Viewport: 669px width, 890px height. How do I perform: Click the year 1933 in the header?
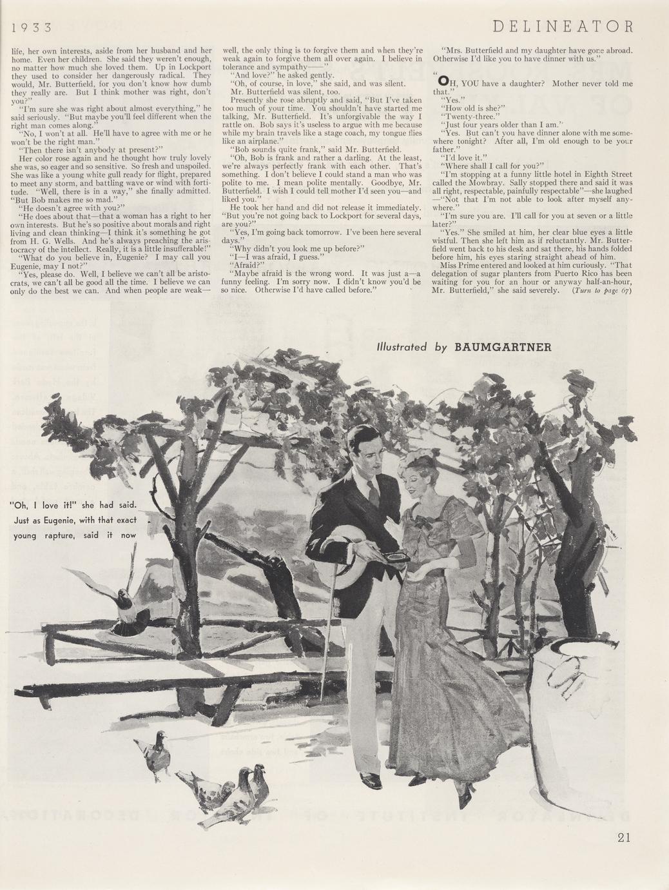coord(31,28)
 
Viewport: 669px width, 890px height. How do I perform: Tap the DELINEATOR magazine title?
coord(563,26)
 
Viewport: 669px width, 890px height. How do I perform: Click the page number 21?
coord(623,837)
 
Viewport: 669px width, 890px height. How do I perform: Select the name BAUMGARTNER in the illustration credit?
coord(503,346)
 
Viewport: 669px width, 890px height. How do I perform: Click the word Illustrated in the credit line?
coord(402,346)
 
